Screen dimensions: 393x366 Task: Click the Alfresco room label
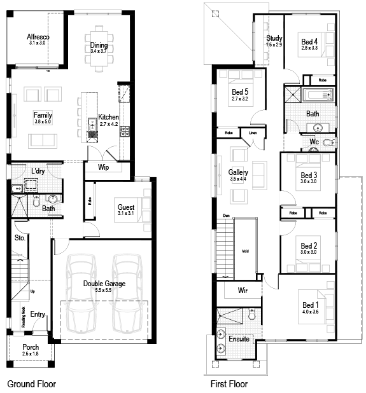[39, 38]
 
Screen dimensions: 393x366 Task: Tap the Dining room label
[99, 46]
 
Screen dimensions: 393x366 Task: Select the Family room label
[43, 115]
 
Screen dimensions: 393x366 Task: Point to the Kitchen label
[108, 118]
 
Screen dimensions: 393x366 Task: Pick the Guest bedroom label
[126, 207]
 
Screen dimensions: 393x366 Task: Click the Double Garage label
[104, 284]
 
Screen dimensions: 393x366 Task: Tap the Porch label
[31, 347]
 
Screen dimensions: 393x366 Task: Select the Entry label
[38, 314]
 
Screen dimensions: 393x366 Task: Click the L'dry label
[38, 171]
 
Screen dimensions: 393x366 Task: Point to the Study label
[274, 38]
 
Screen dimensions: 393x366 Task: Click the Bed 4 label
[309, 42]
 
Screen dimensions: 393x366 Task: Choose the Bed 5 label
[240, 92]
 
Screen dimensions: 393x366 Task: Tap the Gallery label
[238, 172]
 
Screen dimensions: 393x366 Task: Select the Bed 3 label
[309, 175]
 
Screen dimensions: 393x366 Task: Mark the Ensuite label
[239, 338]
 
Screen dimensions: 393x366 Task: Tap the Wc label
[314, 141]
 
